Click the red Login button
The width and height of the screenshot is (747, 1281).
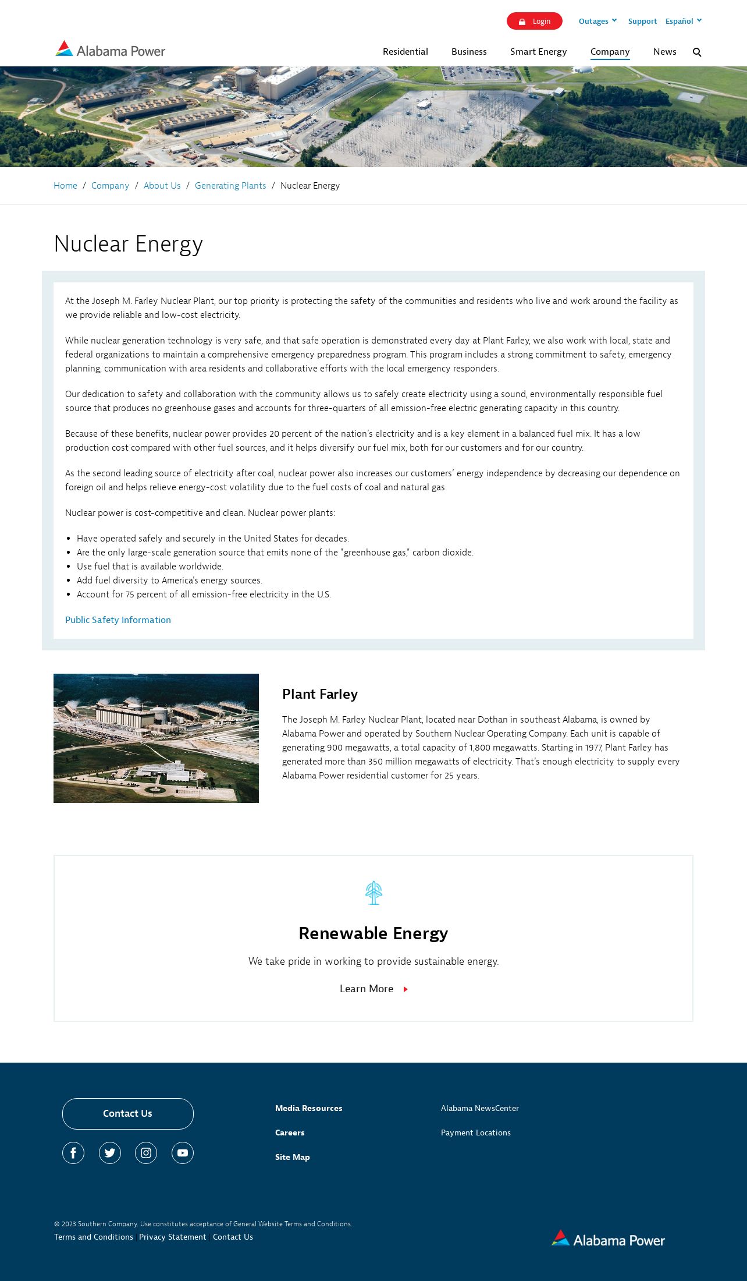(x=534, y=21)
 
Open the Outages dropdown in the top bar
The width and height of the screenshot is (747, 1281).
(x=597, y=21)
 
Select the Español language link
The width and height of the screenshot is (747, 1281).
(x=683, y=21)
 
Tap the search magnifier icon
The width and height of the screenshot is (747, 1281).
(x=697, y=52)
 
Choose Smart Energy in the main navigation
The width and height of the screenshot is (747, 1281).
(x=538, y=52)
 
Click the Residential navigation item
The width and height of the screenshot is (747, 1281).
(x=405, y=52)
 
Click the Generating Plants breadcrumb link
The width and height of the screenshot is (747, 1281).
(x=230, y=186)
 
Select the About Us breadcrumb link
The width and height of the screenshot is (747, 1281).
(x=162, y=186)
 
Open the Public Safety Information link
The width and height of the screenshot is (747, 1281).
(x=118, y=620)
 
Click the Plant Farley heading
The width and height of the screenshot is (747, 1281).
(x=320, y=694)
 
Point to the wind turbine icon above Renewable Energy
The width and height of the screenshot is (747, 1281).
(x=373, y=893)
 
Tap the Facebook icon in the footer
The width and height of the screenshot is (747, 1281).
(x=73, y=1153)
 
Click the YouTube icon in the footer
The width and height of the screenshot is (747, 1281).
(x=183, y=1153)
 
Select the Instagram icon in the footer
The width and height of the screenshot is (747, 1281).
(x=146, y=1153)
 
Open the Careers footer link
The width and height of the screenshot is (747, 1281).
(x=290, y=1133)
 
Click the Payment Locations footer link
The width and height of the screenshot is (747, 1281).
(x=475, y=1133)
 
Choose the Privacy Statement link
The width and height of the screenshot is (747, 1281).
(x=173, y=1237)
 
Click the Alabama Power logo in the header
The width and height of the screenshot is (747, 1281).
(x=111, y=50)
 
